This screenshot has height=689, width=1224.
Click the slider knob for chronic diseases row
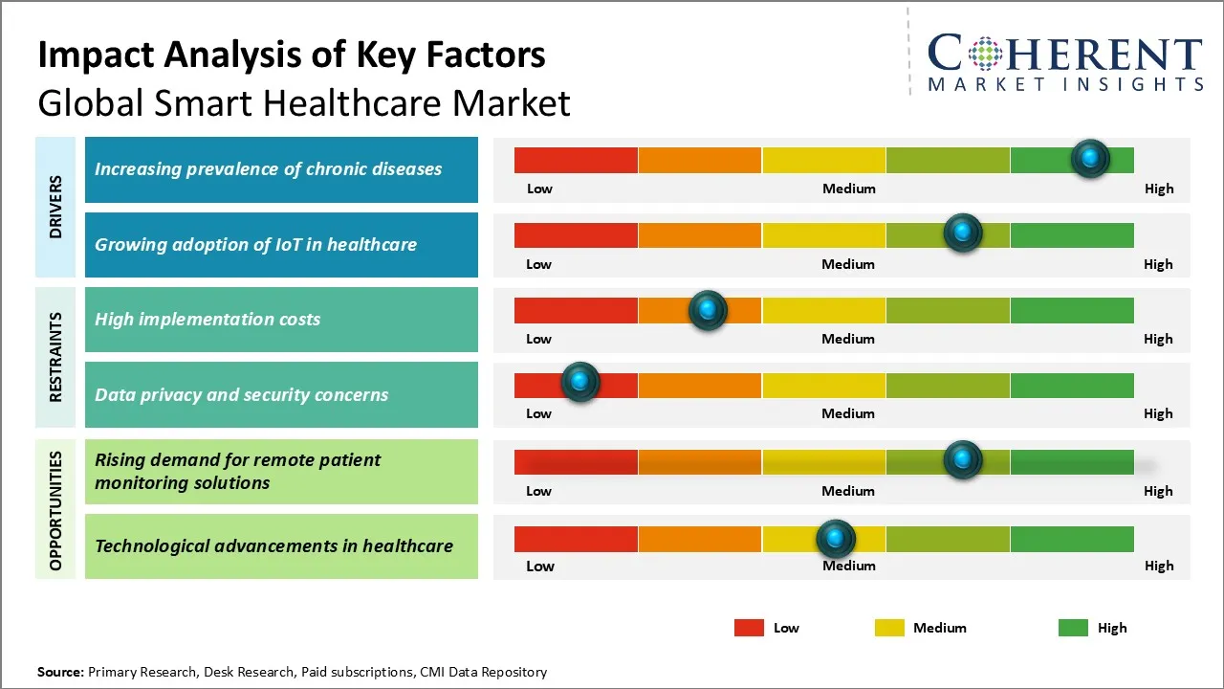coord(1090,158)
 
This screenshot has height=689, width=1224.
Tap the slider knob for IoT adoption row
coord(962,233)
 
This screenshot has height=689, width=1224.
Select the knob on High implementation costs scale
coord(708,309)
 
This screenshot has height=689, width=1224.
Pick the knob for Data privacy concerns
coord(579,382)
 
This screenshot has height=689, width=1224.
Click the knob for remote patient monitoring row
coord(962,459)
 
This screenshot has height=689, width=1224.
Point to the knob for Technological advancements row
coord(836,539)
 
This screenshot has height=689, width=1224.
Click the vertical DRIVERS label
coord(55,207)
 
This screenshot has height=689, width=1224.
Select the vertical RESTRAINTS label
coord(55,357)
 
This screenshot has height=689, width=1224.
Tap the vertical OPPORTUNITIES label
coord(55,510)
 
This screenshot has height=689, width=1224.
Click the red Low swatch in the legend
coord(749,628)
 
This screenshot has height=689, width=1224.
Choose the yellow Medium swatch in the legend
coord(889,628)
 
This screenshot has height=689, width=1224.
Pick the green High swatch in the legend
coord(1073,628)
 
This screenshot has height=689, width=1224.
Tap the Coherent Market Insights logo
coord(1064,63)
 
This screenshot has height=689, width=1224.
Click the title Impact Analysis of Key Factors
coord(292,56)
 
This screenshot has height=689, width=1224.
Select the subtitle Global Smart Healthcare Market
coord(304,103)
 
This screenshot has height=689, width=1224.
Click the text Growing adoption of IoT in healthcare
coord(255,244)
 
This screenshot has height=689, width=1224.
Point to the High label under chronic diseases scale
coord(1158,189)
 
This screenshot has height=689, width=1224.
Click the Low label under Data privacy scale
coord(538,413)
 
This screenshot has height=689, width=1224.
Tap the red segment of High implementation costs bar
coord(576,310)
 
